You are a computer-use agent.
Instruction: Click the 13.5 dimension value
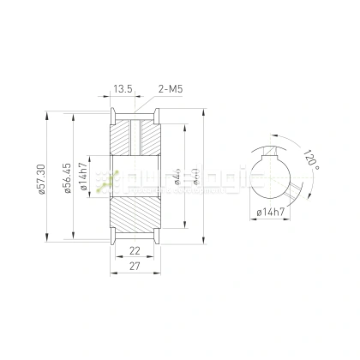coord(122,88)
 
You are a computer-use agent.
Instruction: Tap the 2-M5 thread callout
coord(171,88)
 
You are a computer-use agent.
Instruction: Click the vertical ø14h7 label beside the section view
coord(84,179)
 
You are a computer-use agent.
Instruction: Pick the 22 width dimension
coord(135,250)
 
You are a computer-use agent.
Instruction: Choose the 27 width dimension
coord(135,267)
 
